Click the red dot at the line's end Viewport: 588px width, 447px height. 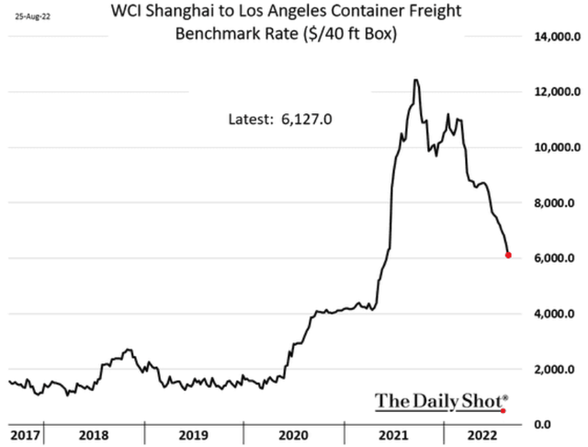pos(508,255)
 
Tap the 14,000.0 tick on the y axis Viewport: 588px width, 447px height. pos(551,37)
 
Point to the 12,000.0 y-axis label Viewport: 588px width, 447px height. pos(551,92)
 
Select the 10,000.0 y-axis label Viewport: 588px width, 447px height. pos(551,147)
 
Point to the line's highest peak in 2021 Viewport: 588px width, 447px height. pos(416,80)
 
